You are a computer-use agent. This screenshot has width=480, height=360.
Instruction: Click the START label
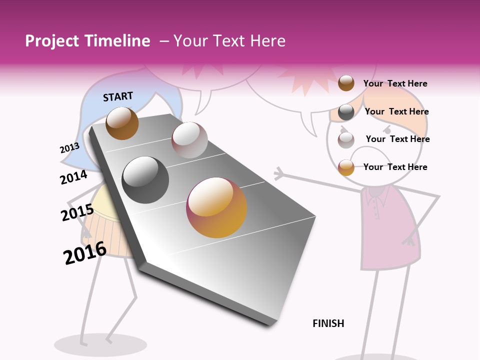(118, 96)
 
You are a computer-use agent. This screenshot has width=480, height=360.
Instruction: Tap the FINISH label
(328, 323)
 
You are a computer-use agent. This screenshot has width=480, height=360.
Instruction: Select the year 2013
(69, 148)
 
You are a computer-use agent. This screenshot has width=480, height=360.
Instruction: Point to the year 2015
(77, 213)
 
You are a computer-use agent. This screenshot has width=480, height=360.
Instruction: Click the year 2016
(85, 253)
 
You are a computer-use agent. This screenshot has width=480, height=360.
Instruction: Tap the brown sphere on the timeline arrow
(122, 123)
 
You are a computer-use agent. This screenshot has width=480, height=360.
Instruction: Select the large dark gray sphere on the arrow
(145, 180)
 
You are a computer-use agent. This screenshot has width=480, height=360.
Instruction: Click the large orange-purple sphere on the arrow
(216, 207)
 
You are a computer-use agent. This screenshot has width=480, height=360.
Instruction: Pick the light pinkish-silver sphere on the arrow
(189, 140)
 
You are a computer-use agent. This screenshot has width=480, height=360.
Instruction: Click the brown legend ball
(346, 83)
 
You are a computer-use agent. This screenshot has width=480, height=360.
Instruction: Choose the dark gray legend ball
(346, 112)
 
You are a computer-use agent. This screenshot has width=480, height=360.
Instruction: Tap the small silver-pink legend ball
(346, 140)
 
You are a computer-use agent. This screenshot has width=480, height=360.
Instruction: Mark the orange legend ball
(346, 167)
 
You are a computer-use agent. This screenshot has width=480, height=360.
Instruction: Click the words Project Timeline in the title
(87, 41)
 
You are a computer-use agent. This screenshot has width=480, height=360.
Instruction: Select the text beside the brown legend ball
(395, 83)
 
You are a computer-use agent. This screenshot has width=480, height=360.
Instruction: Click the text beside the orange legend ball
(395, 167)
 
